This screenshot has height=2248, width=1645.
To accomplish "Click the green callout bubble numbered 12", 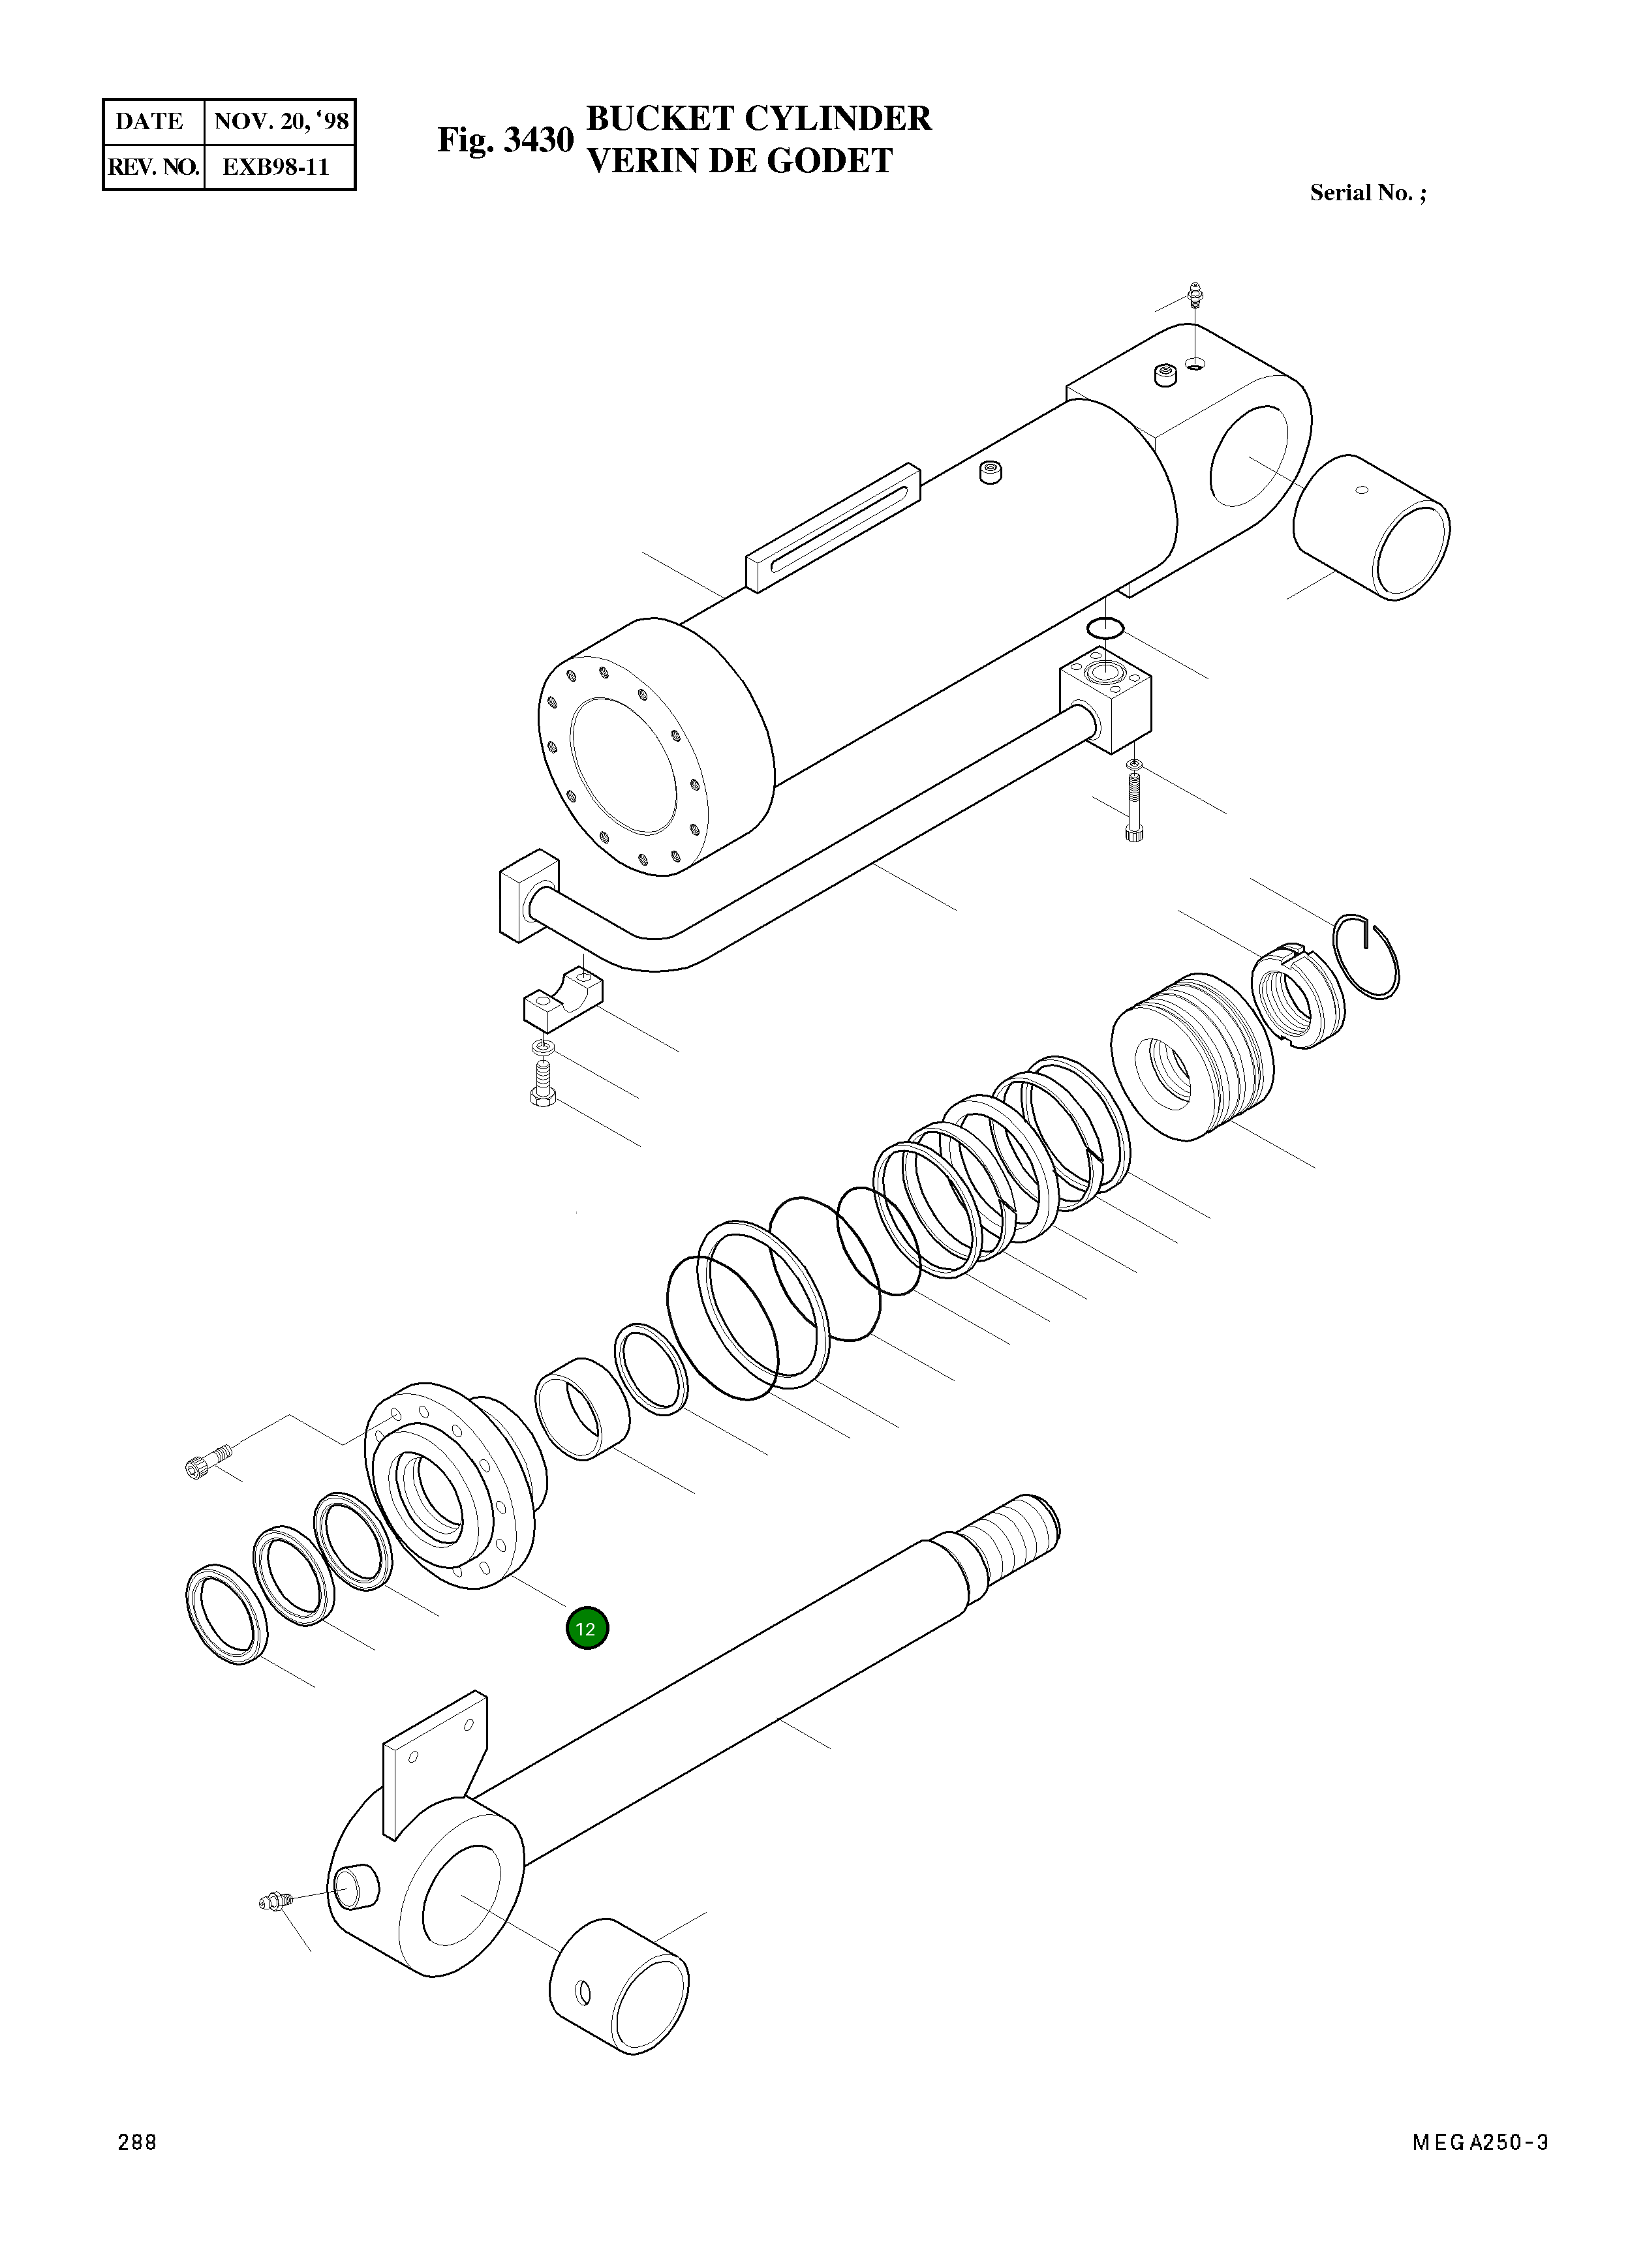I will click(587, 1629).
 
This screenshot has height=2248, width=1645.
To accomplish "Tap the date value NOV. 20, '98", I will click(281, 121).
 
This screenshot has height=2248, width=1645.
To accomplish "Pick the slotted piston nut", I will click(1297, 994).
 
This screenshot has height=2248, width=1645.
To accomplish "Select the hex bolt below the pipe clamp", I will click(541, 1085).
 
